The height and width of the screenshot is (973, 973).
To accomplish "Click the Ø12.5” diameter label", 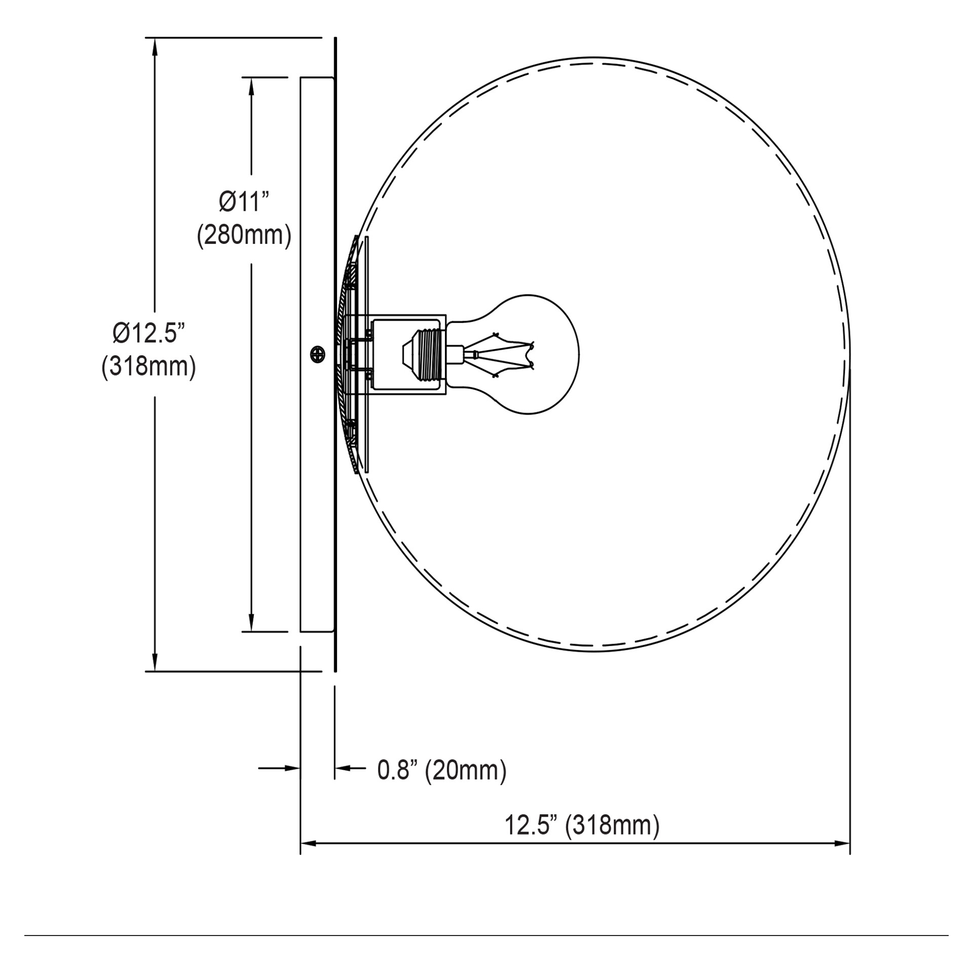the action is point(148,333).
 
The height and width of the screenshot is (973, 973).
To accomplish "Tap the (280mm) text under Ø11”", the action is point(244,236).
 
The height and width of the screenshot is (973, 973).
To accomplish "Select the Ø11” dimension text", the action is point(244,202).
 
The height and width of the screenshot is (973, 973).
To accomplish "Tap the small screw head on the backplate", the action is point(318,354).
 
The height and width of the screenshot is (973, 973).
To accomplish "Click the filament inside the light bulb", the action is point(502,354).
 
